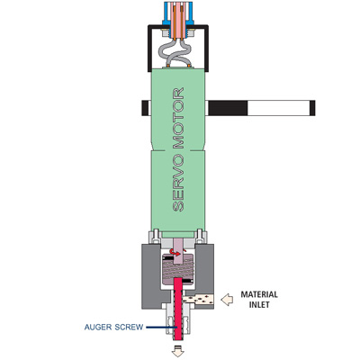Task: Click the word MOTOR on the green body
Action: [x=179, y=119]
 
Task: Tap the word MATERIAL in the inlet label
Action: [x=259, y=294]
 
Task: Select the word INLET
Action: [x=259, y=304]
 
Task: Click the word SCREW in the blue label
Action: [x=130, y=327]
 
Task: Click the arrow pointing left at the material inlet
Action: [x=227, y=300]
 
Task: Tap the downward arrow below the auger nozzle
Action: [x=178, y=351]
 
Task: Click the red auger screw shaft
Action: [x=179, y=309]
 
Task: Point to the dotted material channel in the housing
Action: [x=199, y=299]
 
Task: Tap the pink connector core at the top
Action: [x=178, y=20]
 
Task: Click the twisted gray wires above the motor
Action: [x=179, y=53]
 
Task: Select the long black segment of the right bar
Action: [x=228, y=108]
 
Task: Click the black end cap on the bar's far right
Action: [x=312, y=108]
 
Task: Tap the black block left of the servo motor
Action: [x=145, y=108]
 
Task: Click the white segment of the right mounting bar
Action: [x=278, y=108]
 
